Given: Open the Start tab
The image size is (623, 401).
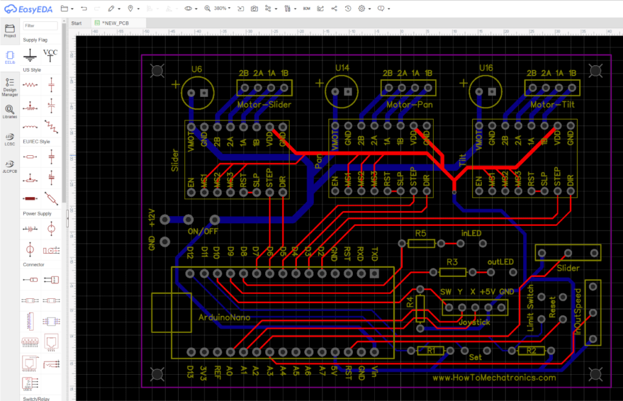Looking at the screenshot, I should coord(77,23).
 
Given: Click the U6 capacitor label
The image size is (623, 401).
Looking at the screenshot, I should coord(196,69).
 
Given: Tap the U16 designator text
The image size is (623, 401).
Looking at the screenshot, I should coord(486,68).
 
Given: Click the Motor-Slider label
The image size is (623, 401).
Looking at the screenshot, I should coord(264,104).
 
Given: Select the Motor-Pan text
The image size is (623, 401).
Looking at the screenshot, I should coord(408,104).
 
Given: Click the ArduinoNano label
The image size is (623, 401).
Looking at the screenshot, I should coord(224,318).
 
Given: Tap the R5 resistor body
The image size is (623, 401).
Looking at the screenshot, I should coord(421,243).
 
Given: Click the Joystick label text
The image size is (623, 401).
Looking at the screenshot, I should coord(474,322).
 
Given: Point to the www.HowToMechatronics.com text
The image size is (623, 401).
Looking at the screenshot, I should coord(494,377).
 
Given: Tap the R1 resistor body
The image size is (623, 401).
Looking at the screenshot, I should coord(431,350).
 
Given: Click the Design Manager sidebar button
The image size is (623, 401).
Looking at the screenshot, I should coord(10,86).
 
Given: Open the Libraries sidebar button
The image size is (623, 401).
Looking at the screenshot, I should coord(10,111).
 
